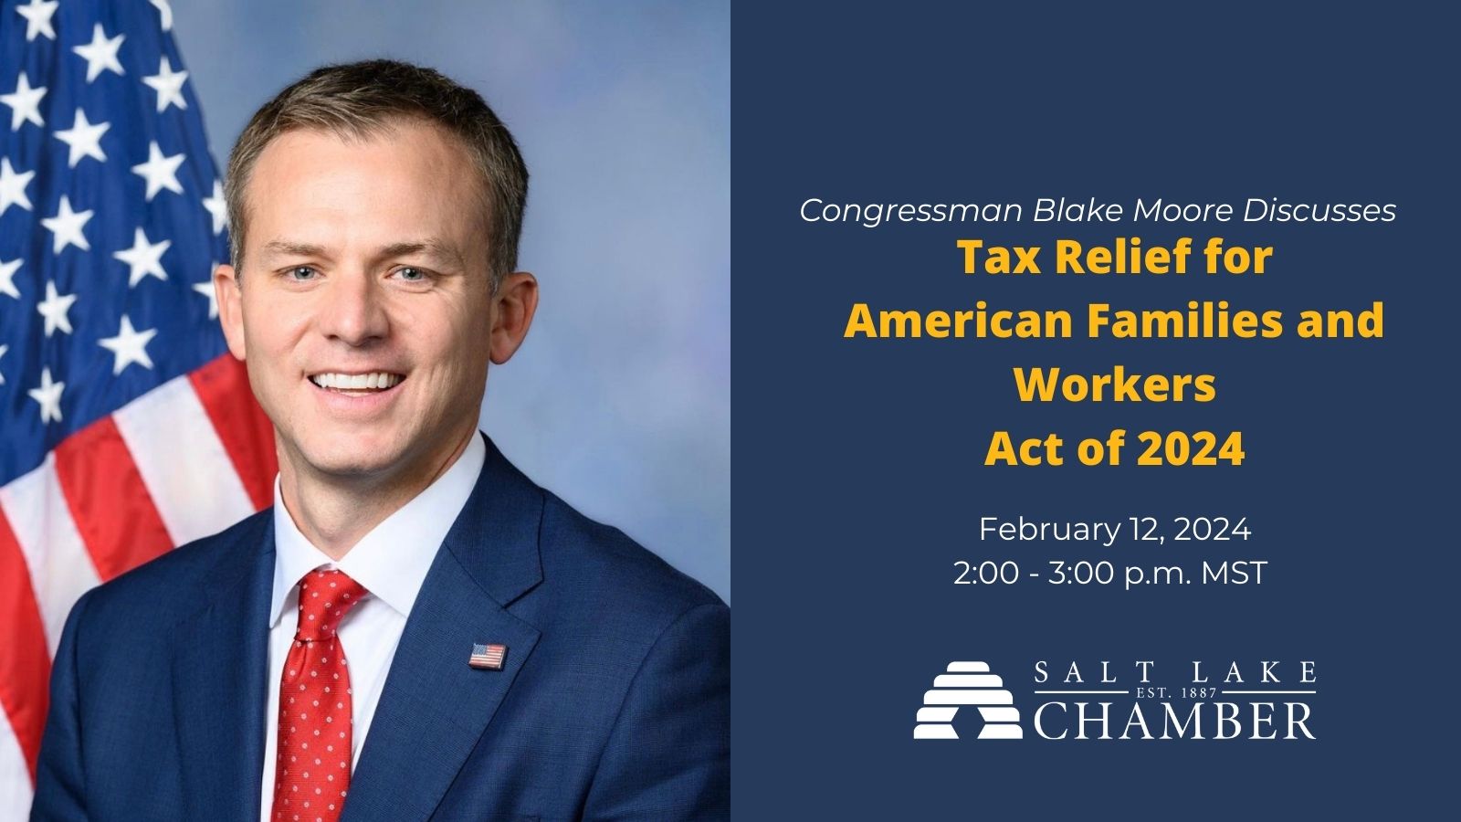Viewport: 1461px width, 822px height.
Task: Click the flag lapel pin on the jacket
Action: point(488,656)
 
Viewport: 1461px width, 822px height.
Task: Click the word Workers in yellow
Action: point(1115,385)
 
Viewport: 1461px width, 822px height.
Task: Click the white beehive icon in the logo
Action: point(968,700)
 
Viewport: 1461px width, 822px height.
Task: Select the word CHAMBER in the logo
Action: point(1174,721)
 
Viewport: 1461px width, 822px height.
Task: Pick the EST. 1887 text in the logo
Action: point(1176,692)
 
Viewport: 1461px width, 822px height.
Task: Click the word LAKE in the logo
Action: point(1269,671)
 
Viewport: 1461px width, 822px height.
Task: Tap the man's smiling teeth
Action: point(356,381)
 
